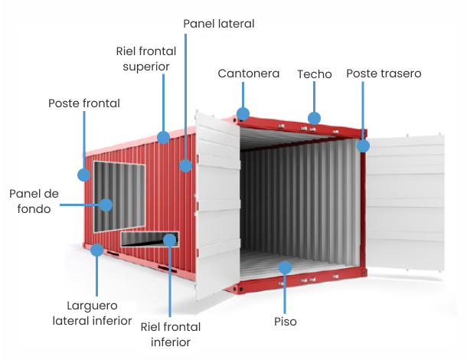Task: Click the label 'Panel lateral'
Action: [x=218, y=24]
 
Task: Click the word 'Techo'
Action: [x=314, y=74]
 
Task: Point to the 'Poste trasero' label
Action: [x=384, y=74]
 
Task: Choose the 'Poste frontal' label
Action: [x=84, y=103]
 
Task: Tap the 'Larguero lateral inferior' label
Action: [x=92, y=313]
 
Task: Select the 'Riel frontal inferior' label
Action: [x=171, y=335]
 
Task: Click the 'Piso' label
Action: [x=285, y=321]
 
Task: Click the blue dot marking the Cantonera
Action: [x=243, y=115]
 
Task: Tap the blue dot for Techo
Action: [x=314, y=118]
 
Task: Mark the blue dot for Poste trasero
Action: [x=363, y=145]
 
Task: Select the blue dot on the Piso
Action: [x=285, y=267]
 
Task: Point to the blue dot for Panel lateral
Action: [x=186, y=165]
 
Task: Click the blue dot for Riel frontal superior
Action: [x=163, y=137]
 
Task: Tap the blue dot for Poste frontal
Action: [x=83, y=175]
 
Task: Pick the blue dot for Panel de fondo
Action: [x=106, y=205]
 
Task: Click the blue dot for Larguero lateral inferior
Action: [x=97, y=249]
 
